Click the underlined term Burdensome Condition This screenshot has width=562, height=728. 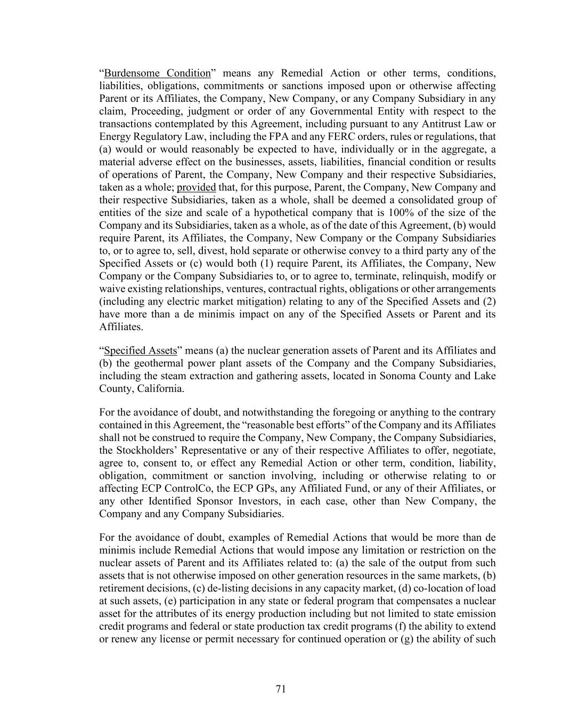point(157,73)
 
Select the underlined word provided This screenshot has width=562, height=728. point(196,187)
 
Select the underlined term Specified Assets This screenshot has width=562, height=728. point(140,350)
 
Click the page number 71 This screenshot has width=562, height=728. point(281,689)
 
